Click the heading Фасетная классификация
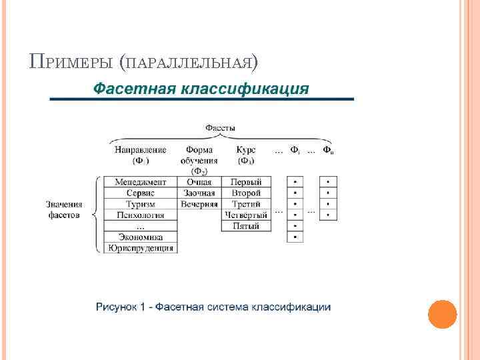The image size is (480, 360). (x=201, y=89)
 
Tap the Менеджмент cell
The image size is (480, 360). (x=140, y=181)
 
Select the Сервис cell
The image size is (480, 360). (x=140, y=193)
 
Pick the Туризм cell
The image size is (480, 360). (x=140, y=204)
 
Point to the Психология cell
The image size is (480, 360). (x=140, y=215)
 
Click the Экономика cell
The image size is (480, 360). (x=140, y=237)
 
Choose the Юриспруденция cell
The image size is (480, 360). (x=140, y=248)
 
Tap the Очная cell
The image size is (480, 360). (x=199, y=181)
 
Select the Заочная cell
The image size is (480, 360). (x=199, y=193)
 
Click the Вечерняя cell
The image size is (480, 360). (x=199, y=204)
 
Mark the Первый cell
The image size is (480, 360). (x=246, y=181)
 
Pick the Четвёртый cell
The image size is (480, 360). (x=246, y=215)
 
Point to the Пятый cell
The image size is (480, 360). (x=246, y=226)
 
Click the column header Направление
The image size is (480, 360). (x=140, y=150)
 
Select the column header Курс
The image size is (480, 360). (x=246, y=150)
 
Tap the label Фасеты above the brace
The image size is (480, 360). (x=221, y=127)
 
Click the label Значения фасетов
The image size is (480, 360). (x=64, y=209)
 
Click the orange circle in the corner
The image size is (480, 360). (x=442, y=314)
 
